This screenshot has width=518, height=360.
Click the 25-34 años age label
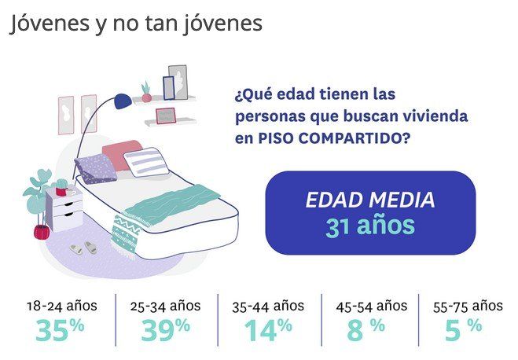pyautogui.click(x=167, y=306)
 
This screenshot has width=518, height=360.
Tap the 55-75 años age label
pyautogui.click(x=468, y=306)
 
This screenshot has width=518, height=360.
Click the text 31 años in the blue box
pyautogui.click(x=369, y=226)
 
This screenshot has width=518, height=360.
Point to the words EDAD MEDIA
pyautogui.click(x=369, y=199)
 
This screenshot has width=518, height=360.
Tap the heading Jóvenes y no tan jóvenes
pyautogui.click(x=136, y=24)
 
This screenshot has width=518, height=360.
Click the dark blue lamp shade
pyautogui.click(x=123, y=101)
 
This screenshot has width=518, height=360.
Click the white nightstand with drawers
pyautogui.click(x=64, y=208)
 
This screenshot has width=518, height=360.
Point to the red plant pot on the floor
pyautogui.click(x=40, y=232)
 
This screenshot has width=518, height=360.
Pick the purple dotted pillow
pyautogui.click(x=94, y=167)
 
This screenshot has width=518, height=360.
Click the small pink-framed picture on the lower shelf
pyautogui.click(x=165, y=116)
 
